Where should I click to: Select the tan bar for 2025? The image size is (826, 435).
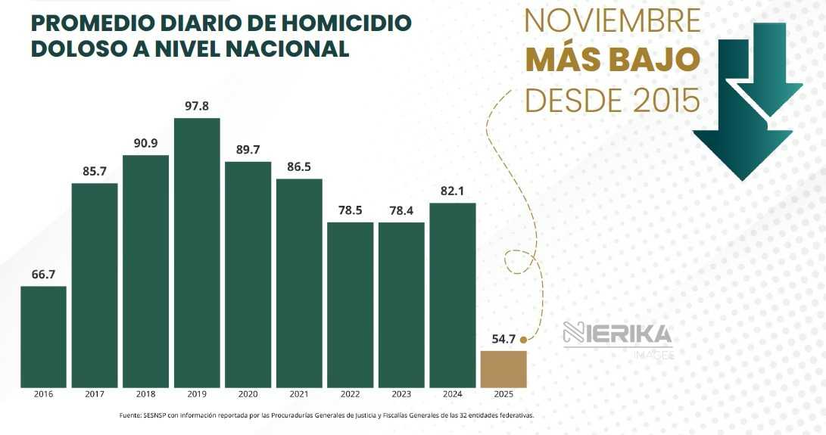pos(503,368)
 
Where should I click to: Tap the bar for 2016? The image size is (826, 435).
pos(43,336)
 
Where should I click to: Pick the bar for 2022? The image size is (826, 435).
pos(351,304)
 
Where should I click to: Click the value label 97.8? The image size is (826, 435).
pos(197,106)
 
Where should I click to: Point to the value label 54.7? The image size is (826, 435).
pos(503,338)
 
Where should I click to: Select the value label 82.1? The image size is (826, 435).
pos(453,191)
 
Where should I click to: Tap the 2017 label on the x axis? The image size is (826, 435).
pos(95,394)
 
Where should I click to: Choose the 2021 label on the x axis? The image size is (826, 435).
pos(299,394)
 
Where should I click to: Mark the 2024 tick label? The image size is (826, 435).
pos(453,394)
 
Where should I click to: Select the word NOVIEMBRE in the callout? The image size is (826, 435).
pos(612,21)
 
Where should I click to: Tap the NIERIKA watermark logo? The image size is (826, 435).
pos(618,334)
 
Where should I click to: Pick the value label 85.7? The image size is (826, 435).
pos(95,171)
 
